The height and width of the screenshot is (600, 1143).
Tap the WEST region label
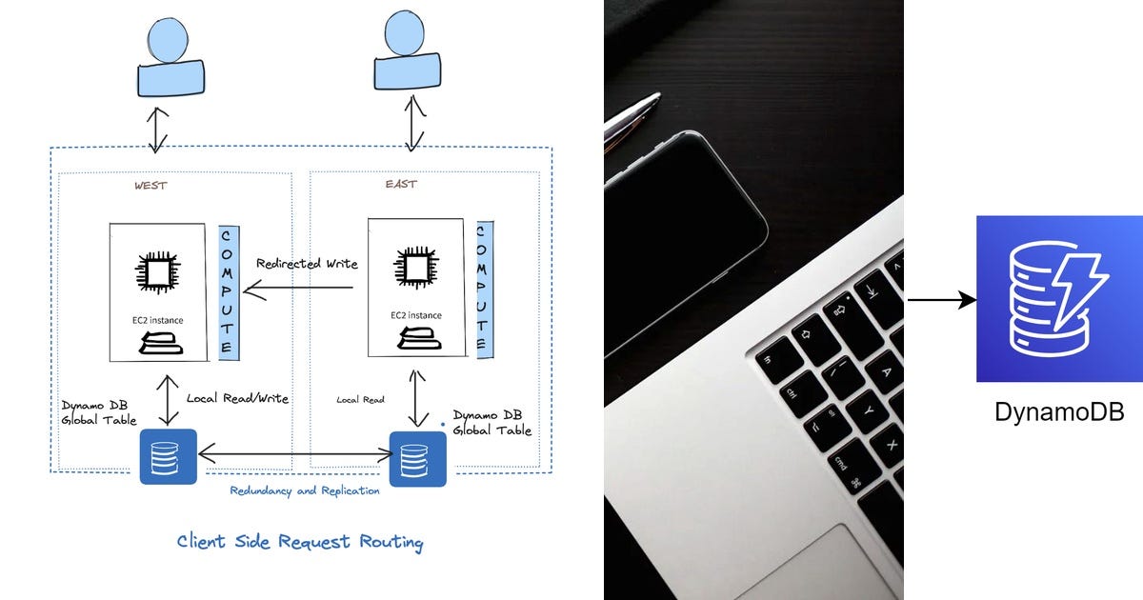pos(150,186)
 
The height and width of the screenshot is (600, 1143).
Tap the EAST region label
pos(401,184)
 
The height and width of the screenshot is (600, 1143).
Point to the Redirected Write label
pos(307,263)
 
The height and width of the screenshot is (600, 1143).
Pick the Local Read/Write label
pos(237,398)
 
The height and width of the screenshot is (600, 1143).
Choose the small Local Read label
pos(360,400)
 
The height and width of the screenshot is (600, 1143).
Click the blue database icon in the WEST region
pos(168,456)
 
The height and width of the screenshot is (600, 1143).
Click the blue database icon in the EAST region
pos(417,458)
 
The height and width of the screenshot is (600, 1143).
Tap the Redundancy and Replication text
pos(305,490)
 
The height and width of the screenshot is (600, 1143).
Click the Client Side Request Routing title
pos(300,542)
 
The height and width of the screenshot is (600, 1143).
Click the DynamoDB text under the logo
pos(1059,412)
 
